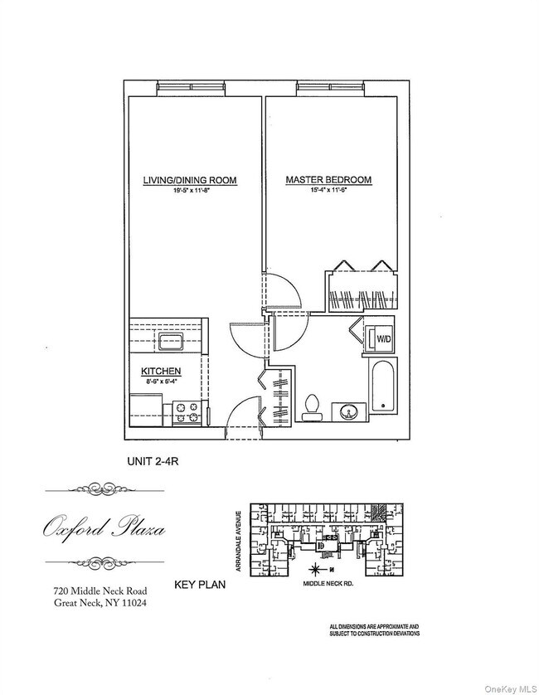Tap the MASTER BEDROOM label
coord(328,180)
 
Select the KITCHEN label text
coord(161,371)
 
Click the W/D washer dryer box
coord(383,339)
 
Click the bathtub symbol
coord(383,387)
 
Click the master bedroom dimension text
coord(328,191)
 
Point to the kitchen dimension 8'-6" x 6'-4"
coord(161,382)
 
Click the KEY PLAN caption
coord(199,585)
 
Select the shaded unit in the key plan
coord(379,513)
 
